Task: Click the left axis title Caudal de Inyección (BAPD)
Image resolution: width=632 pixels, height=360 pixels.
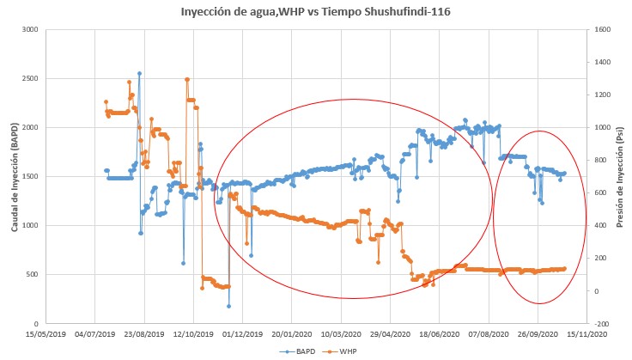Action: pos(15,176)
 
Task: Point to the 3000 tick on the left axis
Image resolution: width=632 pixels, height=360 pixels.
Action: pos(31,29)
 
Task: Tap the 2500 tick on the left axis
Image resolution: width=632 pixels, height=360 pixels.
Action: pos(31,78)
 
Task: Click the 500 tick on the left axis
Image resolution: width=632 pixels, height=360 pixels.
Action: pos(33,275)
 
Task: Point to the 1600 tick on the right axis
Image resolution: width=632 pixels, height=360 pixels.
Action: pos(598,29)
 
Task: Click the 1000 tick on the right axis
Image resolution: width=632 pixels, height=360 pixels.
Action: pos(598,127)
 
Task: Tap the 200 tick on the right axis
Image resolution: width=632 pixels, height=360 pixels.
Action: pos(595,259)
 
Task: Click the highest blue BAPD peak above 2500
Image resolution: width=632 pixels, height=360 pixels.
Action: pos(139,73)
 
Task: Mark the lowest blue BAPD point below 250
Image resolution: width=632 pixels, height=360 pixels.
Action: pos(228,306)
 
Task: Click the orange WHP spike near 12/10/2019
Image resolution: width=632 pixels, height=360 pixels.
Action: pos(187,79)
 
